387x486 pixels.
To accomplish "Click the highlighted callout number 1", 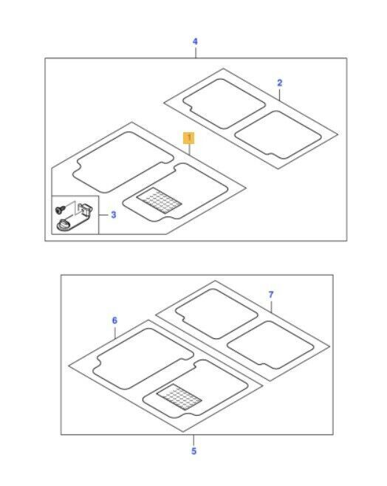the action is tap(188, 138).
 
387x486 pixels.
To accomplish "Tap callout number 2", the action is tap(279, 83).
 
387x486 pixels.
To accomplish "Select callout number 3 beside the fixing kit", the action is tap(114, 214).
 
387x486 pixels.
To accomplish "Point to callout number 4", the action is tap(195, 41).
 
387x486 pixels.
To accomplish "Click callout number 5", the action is tap(193, 451).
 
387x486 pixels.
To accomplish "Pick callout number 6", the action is tap(114, 320).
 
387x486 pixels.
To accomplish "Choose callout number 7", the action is tap(271, 295).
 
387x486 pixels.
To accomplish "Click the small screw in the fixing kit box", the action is tap(60, 210).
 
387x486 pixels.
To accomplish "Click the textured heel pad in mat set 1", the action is tap(159, 201).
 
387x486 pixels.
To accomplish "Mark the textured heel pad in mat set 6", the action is tap(179, 397).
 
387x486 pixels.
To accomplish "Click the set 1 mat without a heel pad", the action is tap(123, 162).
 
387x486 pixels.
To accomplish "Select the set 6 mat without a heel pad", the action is tap(143, 359).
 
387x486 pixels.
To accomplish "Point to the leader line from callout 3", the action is tap(104, 215).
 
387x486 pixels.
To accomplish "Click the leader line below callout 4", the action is tap(196, 52).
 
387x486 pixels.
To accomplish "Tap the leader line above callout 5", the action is tap(193, 440).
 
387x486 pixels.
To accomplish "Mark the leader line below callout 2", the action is tap(279, 95).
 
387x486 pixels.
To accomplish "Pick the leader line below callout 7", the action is tap(271, 307).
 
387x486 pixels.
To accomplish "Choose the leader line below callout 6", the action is tap(115, 332).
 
